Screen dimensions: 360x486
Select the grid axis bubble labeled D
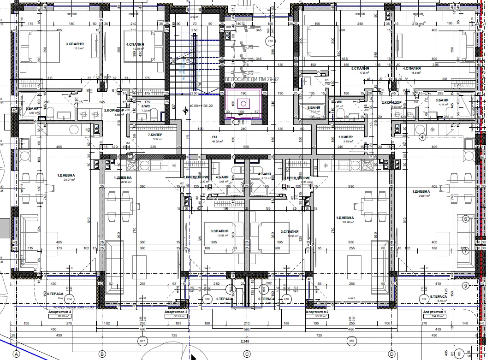392,354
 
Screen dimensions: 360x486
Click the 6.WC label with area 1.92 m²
146,108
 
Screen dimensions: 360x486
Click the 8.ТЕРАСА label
55,293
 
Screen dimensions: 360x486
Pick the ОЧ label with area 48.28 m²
214,139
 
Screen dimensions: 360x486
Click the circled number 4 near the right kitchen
421,137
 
